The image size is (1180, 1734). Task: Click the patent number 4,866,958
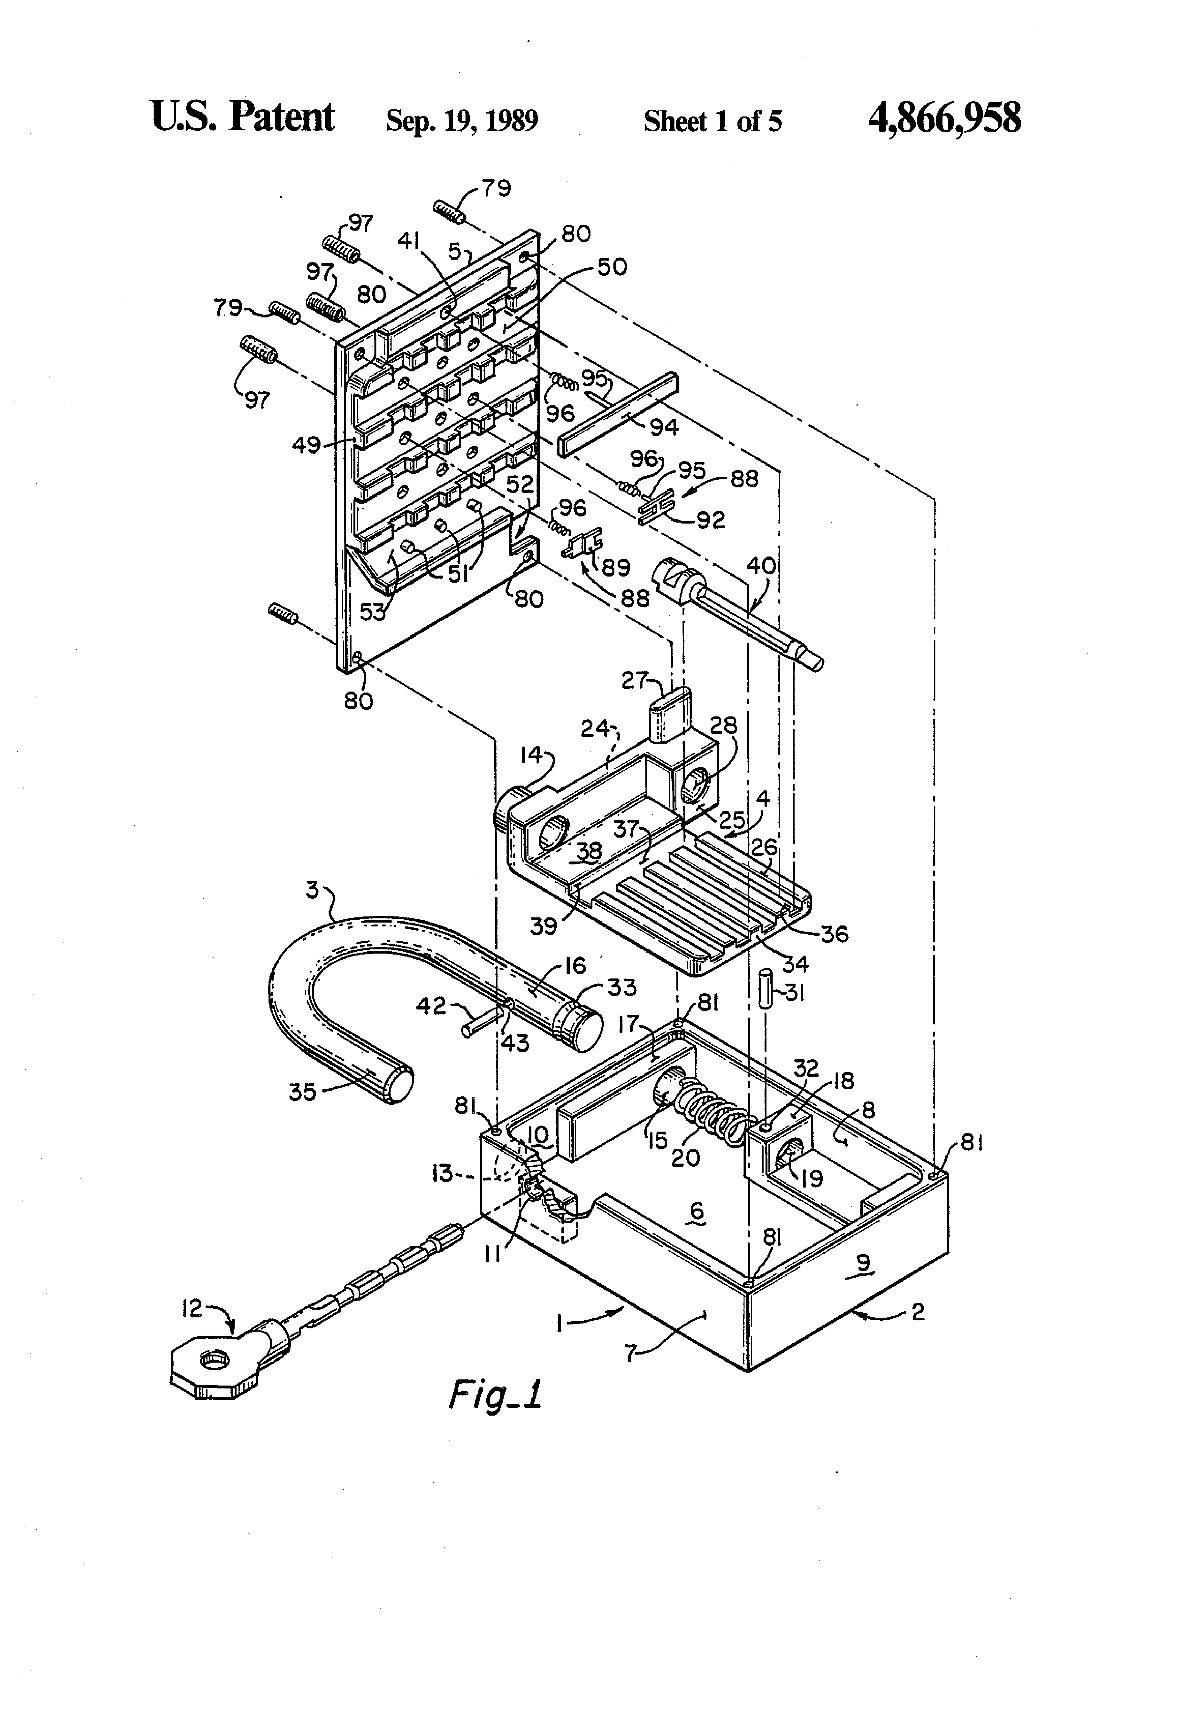point(944,119)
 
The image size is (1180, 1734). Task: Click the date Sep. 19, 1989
point(462,120)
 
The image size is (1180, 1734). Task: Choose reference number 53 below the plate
point(373,612)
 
